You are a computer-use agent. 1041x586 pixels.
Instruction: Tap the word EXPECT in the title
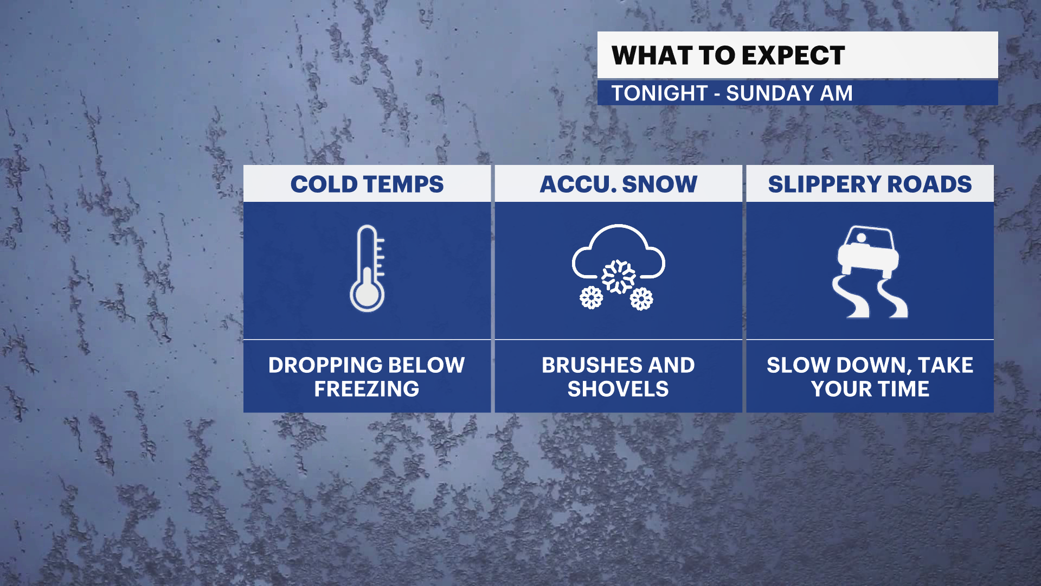pyautogui.click(x=793, y=55)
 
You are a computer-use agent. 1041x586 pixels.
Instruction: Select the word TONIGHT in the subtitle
pyautogui.click(x=659, y=93)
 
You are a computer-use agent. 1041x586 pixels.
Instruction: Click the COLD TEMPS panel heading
pyautogui.click(x=367, y=184)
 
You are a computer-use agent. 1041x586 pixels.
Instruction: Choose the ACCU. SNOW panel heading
pyautogui.click(x=618, y=184)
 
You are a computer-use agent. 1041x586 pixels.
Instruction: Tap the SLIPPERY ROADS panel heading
pyautogui.click(x=870, y=184)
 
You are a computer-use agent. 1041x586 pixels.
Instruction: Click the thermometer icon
pyautogui.click(x=368, y=268)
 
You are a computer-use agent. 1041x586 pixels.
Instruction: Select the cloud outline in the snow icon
pyautogui.click(x=619, y=228)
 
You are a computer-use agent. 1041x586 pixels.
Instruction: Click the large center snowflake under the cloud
pyautogui.click(x=619, y=277)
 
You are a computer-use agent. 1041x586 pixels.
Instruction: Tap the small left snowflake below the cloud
pyautogui.click(x=591, y=297)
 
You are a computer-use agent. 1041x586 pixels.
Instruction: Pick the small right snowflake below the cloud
pyautogui.click(x=641, y=298)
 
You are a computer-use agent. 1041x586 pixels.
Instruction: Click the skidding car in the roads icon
pyautogui.click(x=868, y=252)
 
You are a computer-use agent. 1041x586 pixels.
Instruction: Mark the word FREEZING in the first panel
pyautogui.click(x=367, y=389)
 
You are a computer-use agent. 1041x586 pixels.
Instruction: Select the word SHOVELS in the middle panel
pyautogui.click(x=618, y=389)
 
